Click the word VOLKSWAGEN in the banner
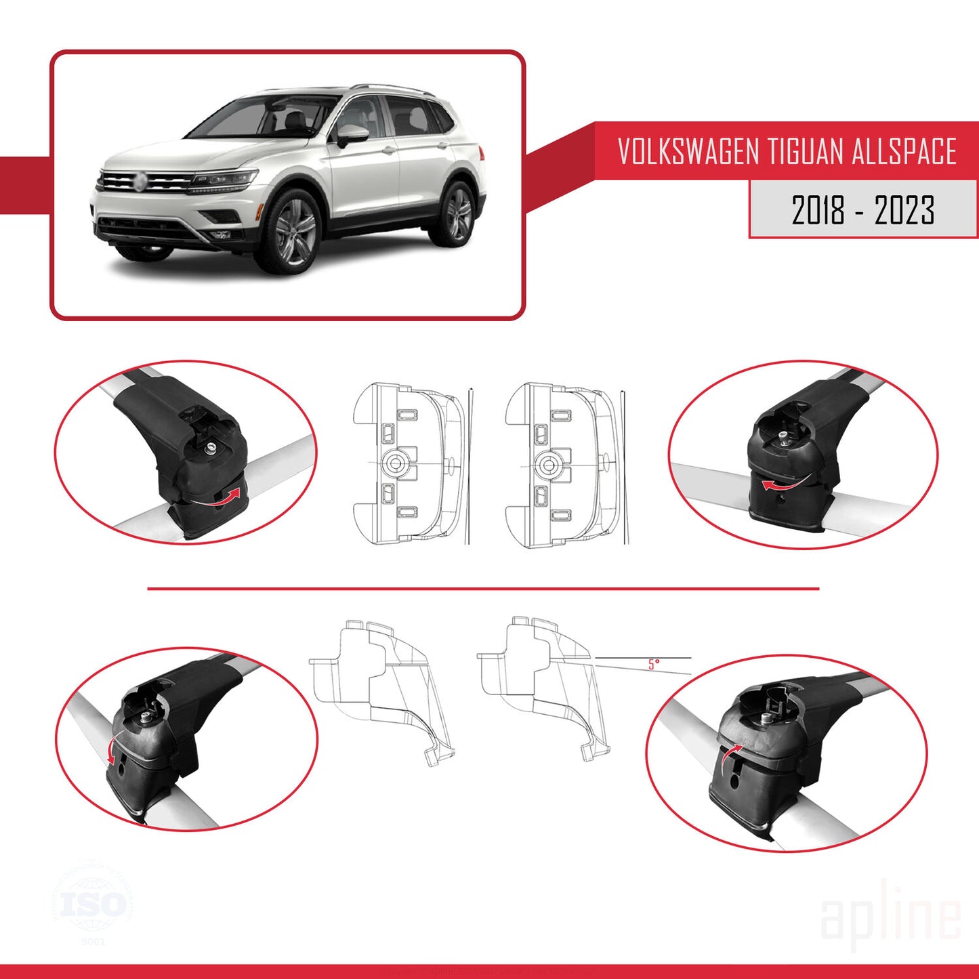pyautogui.click(x=688, y=151)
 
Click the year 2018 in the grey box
pyautogui.click(x=818, y=210)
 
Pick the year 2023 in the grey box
pyautogui.click(x=904, y=210)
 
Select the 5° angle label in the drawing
pyautogui.click(x=653, y=664)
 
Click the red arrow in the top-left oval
pyautogui.click(x=224, y=497)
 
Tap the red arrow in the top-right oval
pyautogui.click(x=780, y=483)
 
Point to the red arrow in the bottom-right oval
pyautogui.click(x=730, y=757)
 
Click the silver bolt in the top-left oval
pyautogui.click(x=212, y=447)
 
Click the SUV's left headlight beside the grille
pyautogui.click(x=224, y=180)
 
